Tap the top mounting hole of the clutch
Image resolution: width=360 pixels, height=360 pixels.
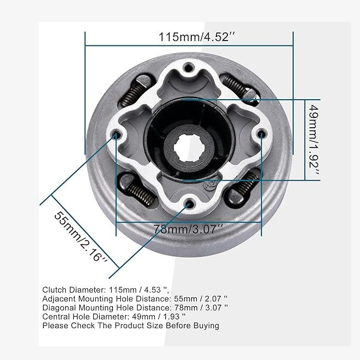pos(190,68)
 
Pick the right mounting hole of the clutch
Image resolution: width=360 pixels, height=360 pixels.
pos(261,134)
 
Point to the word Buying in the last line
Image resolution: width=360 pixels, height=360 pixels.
pos(205,325)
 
